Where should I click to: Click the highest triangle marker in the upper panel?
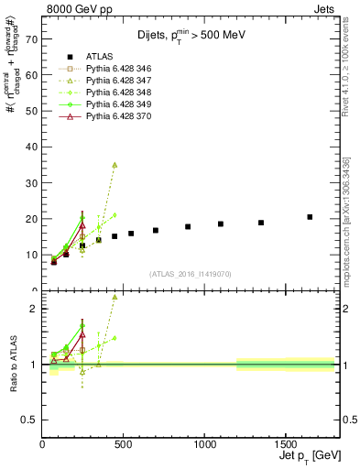coord(115,165)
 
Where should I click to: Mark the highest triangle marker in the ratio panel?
coord(115,297)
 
